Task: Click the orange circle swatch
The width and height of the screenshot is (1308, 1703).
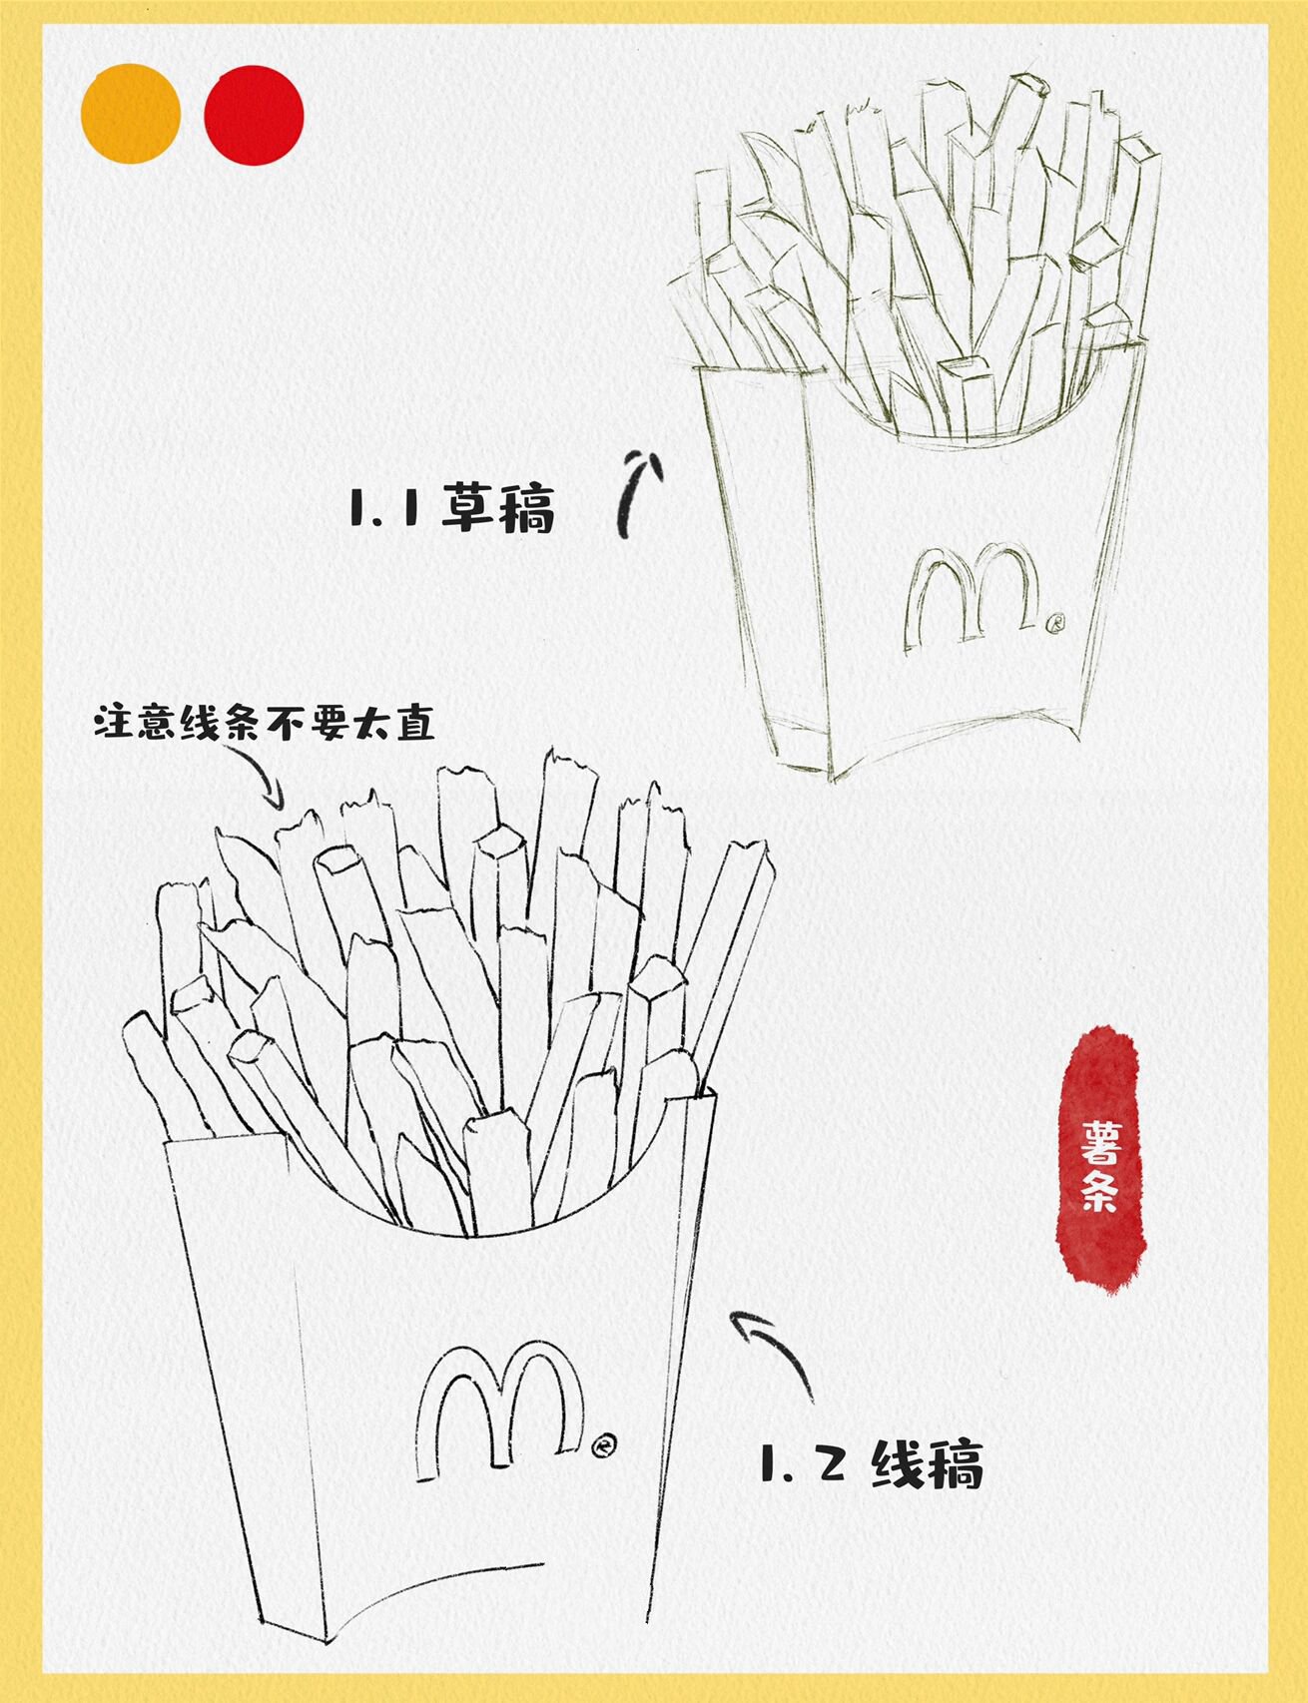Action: pos(130,114)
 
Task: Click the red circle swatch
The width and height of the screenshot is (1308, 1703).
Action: pos(254,114)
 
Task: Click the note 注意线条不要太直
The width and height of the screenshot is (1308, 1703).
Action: pos(266,724)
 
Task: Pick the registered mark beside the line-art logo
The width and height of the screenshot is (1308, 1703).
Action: pos(602,1444)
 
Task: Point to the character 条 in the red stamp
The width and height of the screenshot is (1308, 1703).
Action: pos(1099,1193)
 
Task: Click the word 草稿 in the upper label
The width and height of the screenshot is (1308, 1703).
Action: pos(498,509)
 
